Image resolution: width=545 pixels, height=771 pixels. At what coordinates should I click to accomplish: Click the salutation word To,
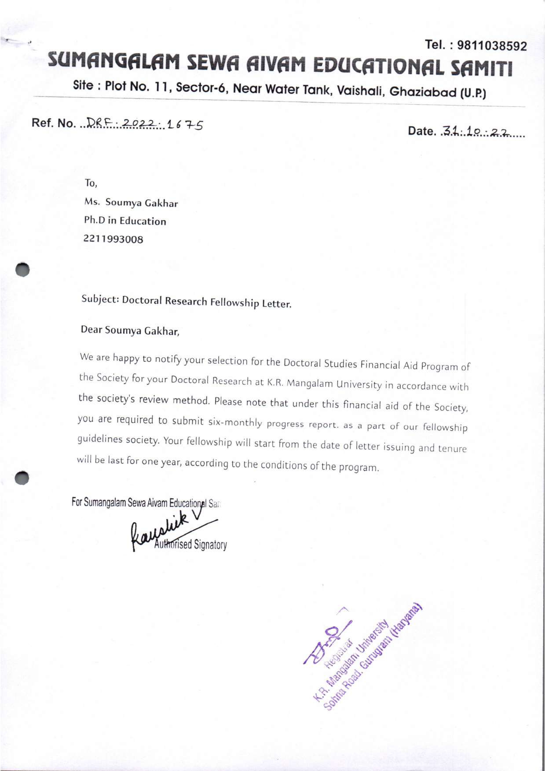pyautogui.click(x=91, y=183)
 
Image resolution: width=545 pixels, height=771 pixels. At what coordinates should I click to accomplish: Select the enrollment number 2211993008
pyautogui.click(x=113, y=239)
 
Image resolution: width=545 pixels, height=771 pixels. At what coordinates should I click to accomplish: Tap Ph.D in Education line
pyautogui.click(x=125, y=221)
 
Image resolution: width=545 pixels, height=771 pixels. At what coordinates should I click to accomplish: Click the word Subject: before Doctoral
pyautogui.click(x=100, y=299)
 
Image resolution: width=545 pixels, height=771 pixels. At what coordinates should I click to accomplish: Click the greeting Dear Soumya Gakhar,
pyautogui.click(x=130, y=330)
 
